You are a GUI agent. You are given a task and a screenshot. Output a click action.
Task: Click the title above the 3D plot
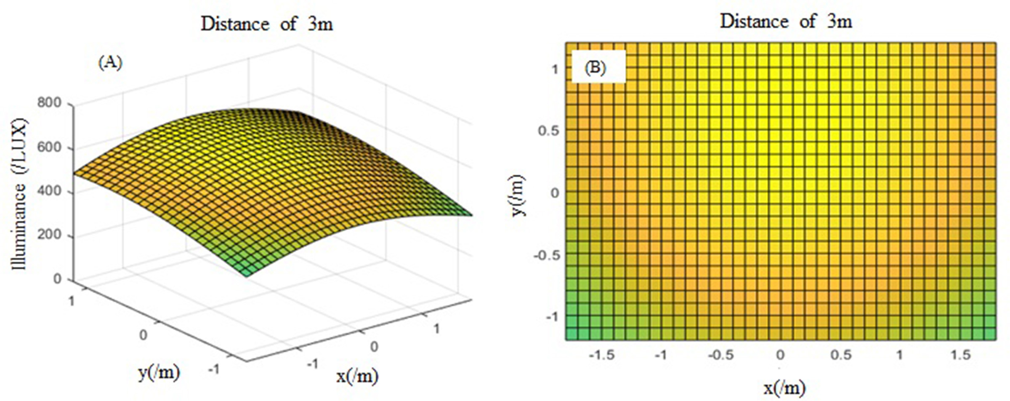[x=266, y=24]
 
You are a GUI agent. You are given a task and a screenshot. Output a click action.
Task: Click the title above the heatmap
[x=786, y=21]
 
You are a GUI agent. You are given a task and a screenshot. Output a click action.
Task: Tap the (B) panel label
[x=595, y=67]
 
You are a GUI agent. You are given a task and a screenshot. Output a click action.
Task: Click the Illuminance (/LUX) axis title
[x=19, y=194]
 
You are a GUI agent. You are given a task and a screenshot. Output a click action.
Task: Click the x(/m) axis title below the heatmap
[x=784, y=388]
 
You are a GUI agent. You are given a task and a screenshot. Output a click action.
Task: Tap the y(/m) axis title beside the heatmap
[x=519, y=195]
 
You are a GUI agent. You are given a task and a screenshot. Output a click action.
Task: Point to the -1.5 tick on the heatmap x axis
[x=601, y=355]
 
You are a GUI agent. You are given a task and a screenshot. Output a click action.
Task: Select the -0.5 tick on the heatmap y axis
[x=547, y=255]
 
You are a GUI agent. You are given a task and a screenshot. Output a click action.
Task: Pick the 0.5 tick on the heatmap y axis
[x=548, y=131]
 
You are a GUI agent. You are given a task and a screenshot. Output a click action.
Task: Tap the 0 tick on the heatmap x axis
[x=780, y=355]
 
